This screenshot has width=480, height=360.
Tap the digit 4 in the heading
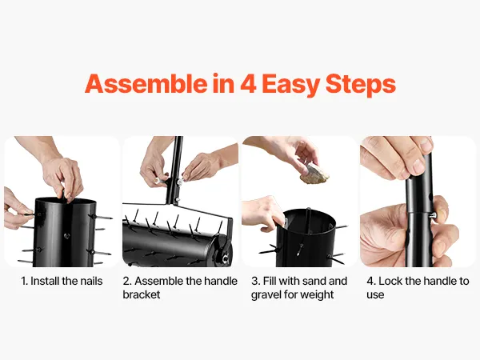click(x=248, y=83)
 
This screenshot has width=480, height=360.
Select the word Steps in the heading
click(x=361, y=85)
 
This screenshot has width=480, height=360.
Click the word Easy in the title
click(x=291, y=86)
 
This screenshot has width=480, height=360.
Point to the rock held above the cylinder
click(x=314, y=174)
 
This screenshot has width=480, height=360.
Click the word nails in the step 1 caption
click(x=91, y=281)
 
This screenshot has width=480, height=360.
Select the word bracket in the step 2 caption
click(x=142, y=294)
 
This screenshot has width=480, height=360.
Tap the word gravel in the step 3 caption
click(x=266, y=295)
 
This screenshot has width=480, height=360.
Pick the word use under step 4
click(x=375, y=295)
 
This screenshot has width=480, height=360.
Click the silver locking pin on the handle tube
click(x=433, y=215)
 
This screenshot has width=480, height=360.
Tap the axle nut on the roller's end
click(x=226, y=259)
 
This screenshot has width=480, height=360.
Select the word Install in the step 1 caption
click(x=45, y=281)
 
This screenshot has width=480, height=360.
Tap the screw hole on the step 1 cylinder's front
click(x=66, y=236)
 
